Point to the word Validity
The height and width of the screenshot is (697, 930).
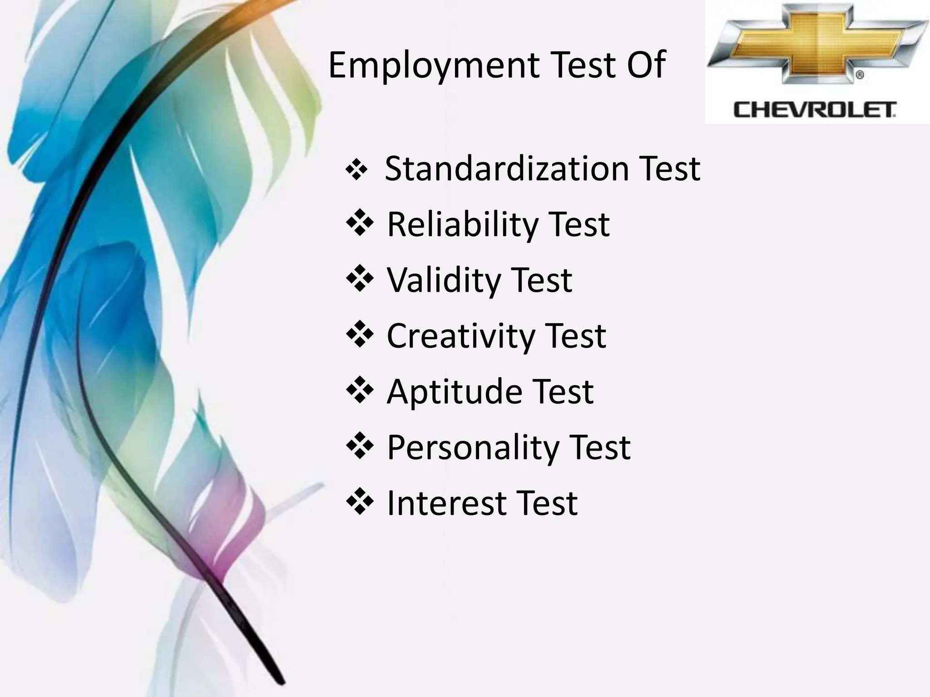click(442, 280)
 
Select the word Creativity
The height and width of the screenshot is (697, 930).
click(459, 336)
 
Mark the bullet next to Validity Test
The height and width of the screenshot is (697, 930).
click(360, 279)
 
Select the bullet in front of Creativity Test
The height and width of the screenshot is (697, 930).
click(360, 335)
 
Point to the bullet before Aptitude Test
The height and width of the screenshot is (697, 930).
click(360, 391)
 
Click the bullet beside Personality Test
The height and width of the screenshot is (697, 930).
click(360, 447)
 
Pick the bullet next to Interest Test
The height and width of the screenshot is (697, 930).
click(360, 502)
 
